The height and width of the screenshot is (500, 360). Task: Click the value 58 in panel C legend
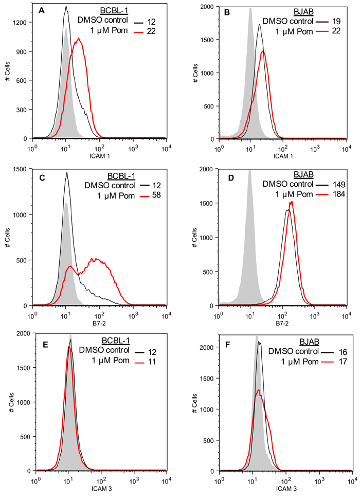(154, 195)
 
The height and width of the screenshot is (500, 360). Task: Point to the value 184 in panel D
(340, 195)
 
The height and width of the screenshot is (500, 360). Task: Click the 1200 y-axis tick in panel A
(23, 22)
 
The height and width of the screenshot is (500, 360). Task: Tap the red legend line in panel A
(138, 31)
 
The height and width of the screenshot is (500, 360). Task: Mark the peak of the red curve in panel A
(78, 38)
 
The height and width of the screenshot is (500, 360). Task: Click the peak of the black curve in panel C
(67, 173)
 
